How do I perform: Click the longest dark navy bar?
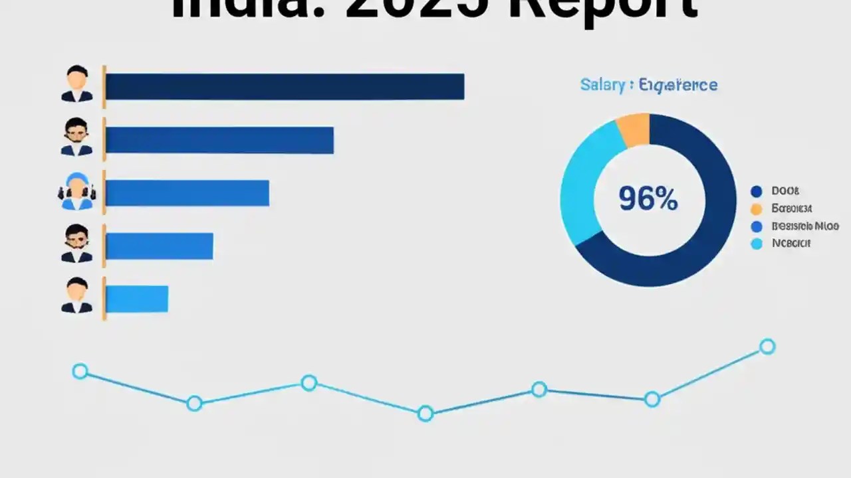pyautogui.click(x=285, y=87)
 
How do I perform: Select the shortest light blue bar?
pyautogui.click(x=137, y=299)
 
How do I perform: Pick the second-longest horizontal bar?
pyautogui.click(x=219, y=140)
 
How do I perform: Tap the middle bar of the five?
pyautogui.click(x=187, y=193)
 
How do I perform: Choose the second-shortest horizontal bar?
pyautogui.click(x=160, y=246)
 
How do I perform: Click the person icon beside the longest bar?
pyautogui.click(x=77, y=84)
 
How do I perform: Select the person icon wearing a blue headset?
pyautogui.click(x=77, y=191)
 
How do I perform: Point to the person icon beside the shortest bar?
pyautogui.click(x=77, y=296)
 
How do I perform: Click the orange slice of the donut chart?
pyautogui.click(x=634, y=129)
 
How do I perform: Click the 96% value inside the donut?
pyautogui.click(x=648, y=199)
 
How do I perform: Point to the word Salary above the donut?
pyautogui.click(x=602, y=85)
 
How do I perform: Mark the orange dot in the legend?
pyautogui.click(x=756, y=209)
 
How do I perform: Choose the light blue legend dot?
pyautogui.click(x=756, y=244)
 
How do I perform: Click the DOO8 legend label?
pyautogui.click(x=785, y=191)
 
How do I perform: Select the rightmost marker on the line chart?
pyautogui.click(x=767, y=347)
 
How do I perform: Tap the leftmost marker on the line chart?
pyautogui.click(x=80, y=371)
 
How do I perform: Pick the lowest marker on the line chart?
pyautogui.click(x=425, y=414)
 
